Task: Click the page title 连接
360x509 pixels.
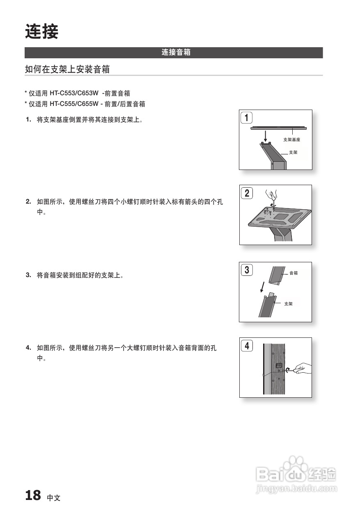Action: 42,32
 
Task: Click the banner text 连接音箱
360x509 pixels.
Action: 176,53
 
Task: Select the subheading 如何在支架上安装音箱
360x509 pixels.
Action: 67,69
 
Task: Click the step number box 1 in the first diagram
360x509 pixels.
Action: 246,118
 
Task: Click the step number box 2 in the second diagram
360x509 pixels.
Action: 247,193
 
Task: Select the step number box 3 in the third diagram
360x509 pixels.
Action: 246,270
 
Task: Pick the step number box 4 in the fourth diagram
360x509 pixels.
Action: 247,346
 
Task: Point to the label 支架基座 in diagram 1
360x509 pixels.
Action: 291,140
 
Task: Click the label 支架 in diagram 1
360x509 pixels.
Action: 293,152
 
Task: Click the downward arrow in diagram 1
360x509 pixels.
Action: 265,135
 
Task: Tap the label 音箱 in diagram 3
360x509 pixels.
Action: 294,273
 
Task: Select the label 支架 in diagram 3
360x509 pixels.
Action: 288,304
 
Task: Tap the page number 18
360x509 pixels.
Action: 33,495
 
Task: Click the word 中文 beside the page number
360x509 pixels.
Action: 53,498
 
